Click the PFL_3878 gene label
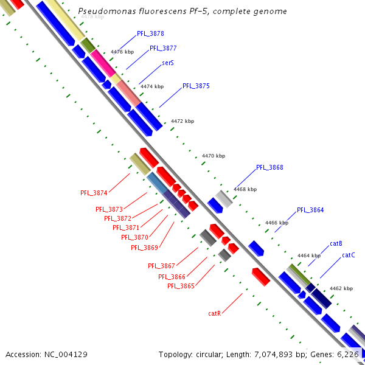pos(150,34)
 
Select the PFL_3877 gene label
pos(163,48)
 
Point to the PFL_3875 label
pos(196,86)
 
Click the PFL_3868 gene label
pos(269,167)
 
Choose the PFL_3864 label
pos(310,210)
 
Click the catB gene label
pos(336,244)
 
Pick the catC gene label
pos(348,255)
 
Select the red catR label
pos(214,314)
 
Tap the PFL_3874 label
pos(94,193)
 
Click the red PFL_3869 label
pos(144,248)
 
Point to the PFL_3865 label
pos(181,286)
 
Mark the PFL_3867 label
pos(161,266)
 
